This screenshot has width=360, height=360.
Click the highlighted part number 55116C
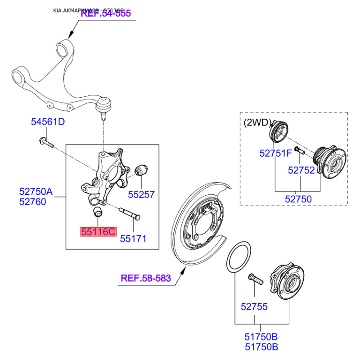[98, 232]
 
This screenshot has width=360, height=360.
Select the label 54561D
[48, 121]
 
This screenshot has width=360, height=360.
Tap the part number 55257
[141, 194]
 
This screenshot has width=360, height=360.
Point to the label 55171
[133, 239]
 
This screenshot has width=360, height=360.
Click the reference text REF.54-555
[106, 13]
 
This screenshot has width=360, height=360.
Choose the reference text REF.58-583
[146, 278]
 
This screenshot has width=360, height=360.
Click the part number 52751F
[276, 153]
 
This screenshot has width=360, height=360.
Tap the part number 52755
[254, 307]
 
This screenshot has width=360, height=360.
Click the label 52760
[32, 202]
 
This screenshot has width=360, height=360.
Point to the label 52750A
[36, 192]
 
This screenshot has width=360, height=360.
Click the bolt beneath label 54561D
[46, 143]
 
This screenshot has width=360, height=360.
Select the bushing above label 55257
[142, 171]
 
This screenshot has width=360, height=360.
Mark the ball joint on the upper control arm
[104, 105]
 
